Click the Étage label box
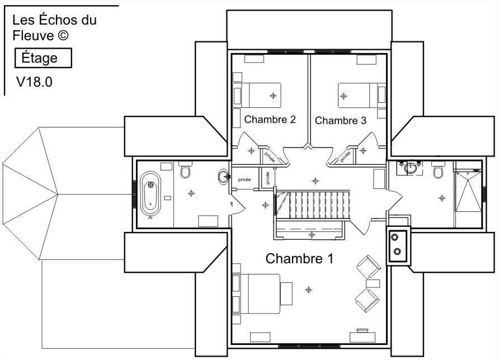coord(43,58)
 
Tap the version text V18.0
coord(34,82)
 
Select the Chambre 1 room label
coord(299,259)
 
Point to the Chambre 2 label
coord(270,120)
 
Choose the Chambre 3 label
coord(341,121)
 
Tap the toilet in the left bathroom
coord(185,169)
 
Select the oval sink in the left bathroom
coord(224,176)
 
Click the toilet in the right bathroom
coord(439,170)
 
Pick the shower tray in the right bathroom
coord(468,191)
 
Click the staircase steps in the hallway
coord(313,205)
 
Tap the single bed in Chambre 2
coord(257,96)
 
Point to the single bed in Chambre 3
coord(362,96)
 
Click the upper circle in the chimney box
coord(395,237)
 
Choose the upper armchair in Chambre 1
coord(368,267)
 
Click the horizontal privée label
coord(244,179)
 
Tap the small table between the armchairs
coord(373,283)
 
